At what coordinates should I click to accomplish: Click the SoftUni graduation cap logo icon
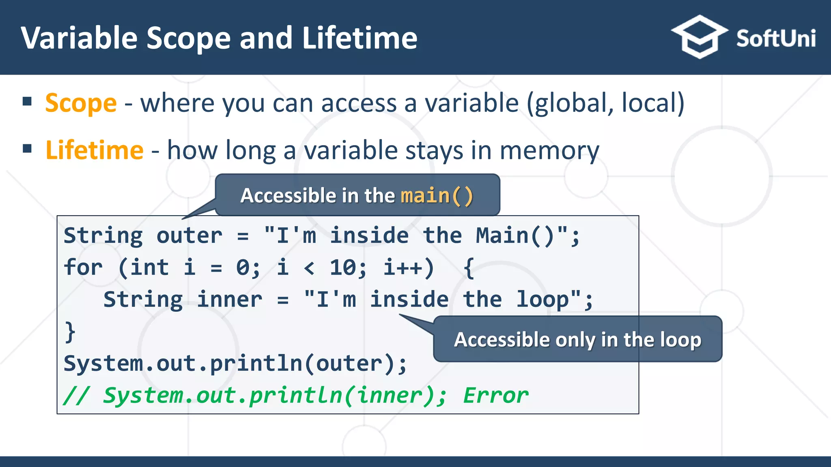(x=699, y=37)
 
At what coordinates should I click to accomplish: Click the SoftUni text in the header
(x=775, y=39)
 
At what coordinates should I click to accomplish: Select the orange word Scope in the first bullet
(x=81, y=103)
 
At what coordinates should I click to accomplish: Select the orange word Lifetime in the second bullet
(x=95, y=150)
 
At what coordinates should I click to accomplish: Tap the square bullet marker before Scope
(x=27, y=101)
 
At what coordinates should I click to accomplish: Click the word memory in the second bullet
(x=549, y=151)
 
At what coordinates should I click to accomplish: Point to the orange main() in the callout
(x=437, y=196)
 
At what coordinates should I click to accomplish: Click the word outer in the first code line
(x=189, y=236)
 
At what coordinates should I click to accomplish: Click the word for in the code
(x=83, y=268)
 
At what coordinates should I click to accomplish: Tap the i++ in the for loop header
(x=408, y=268)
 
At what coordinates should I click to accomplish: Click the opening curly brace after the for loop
(x=469, y=268)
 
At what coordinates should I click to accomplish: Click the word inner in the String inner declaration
(x=229, y=300)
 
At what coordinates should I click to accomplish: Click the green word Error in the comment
(x=495, y=395)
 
